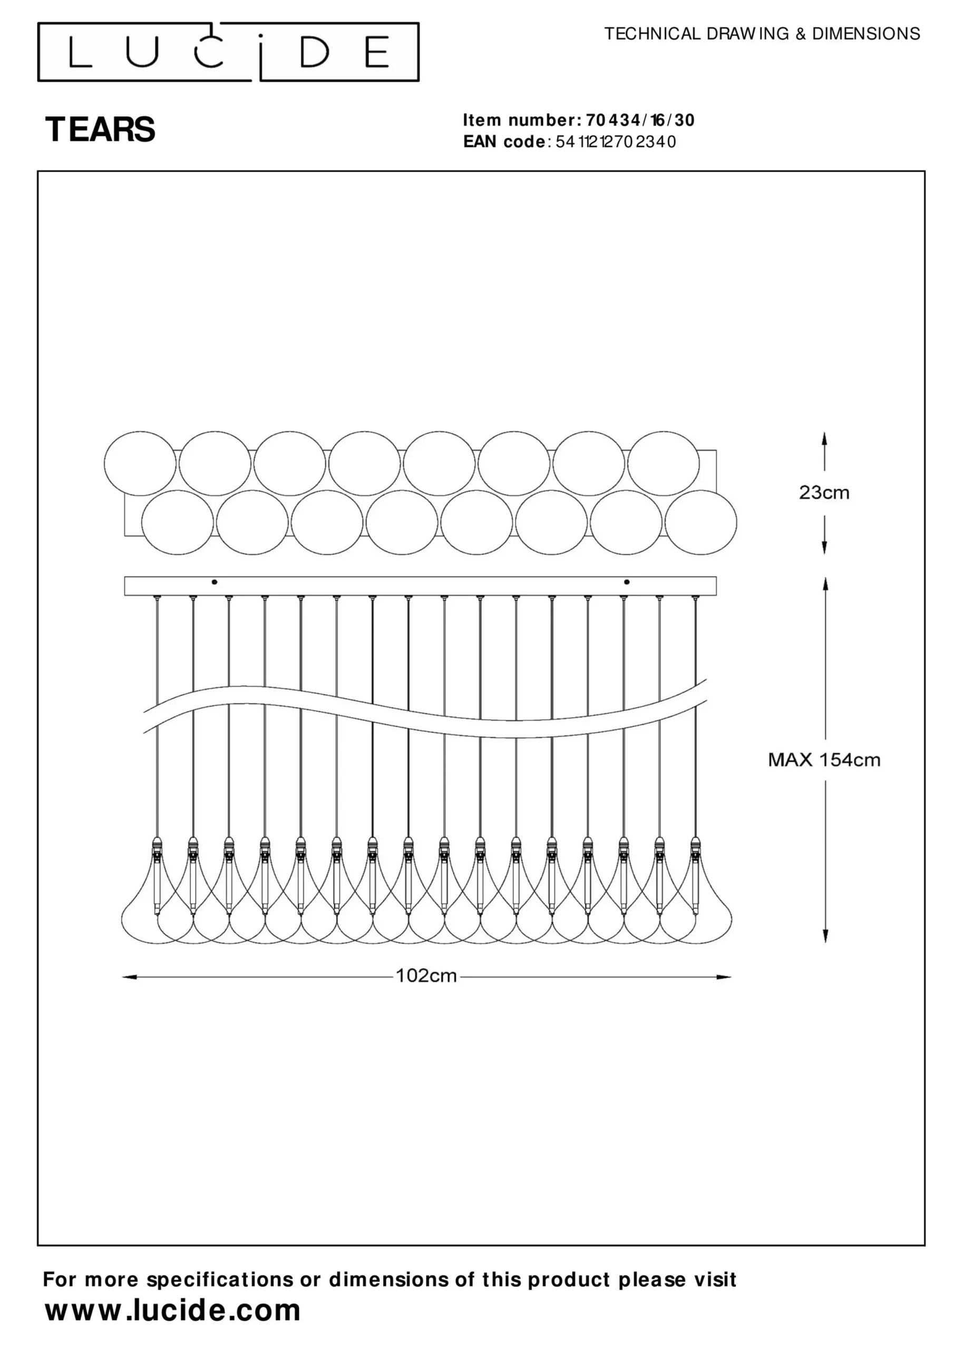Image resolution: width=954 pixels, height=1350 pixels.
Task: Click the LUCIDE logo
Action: (228, 52)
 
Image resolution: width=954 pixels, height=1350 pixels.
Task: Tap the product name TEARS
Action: (100, 129)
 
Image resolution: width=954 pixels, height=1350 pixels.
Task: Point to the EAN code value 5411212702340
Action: (612, 142)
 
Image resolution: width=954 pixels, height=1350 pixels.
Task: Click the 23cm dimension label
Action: (824, 493)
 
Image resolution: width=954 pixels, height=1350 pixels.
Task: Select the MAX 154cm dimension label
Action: (824, 760)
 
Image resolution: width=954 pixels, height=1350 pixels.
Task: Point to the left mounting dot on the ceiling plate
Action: (215, 582)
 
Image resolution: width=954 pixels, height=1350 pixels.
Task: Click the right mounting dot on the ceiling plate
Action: (627, 582)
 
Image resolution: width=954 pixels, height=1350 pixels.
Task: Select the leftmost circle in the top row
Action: (140, 464)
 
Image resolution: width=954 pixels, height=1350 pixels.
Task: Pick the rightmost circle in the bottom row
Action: (700, 522)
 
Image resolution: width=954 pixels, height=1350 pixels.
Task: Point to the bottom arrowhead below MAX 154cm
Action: (825, 935)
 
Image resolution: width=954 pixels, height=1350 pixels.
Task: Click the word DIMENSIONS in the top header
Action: (866, 34)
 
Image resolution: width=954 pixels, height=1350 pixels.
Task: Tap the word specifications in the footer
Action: (219, 1280)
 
